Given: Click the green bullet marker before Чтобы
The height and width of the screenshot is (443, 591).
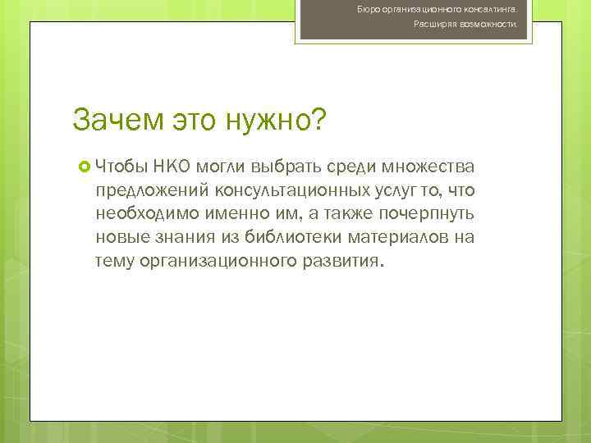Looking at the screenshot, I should (83, 168).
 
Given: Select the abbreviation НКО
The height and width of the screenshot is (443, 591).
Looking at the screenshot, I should (171, 168).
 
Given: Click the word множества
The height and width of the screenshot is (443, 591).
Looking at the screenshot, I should (428, 168).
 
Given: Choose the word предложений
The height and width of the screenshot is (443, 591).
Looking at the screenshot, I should (152, 192).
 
